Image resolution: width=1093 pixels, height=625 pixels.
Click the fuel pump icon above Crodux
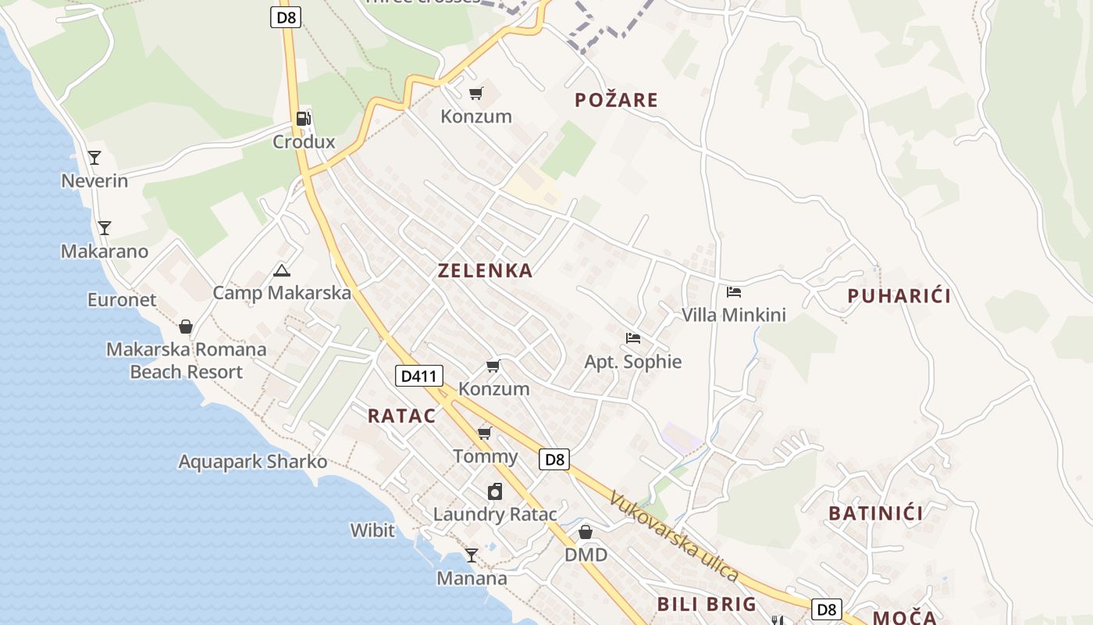tap(303, 119)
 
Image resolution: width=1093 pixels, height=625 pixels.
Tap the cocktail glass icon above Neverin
tap(94, 158)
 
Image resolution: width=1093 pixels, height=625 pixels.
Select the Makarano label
tap(105, 252)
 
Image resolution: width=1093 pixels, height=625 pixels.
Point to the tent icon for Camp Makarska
tap(282, 271)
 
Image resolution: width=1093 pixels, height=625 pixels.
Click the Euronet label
tap(122, 300)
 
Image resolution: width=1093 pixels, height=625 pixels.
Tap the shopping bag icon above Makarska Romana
tap(186, 327)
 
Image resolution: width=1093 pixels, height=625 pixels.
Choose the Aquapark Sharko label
tap(253, 462)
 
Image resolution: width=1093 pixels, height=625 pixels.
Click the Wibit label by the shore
tap(372, 530)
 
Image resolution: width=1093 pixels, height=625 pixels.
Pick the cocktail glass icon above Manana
tap(472, 555)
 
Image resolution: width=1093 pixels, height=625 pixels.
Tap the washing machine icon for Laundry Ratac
tap(495, 491)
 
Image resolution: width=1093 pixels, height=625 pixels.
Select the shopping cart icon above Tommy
tap(485, 433)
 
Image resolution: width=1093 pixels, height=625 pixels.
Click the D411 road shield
tap(419, 377)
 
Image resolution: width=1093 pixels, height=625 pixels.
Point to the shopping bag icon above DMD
tap(586, 532)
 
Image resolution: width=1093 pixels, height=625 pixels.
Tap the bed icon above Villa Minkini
tap(734, 292)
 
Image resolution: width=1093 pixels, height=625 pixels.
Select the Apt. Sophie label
tap(633, 362)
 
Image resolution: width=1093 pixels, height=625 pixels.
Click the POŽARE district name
tap(617, 100)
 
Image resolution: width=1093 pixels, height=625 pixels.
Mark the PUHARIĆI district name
tap(899, 296)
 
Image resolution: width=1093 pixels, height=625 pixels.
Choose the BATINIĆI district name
tap(875, 513)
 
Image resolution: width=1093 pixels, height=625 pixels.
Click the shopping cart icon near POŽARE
tap(476, 94)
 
